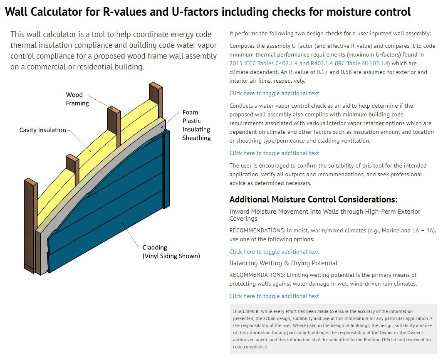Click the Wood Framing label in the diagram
(x=77, y=99)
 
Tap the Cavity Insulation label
(x=42, y=130)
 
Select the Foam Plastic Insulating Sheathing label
(x=196, y=125)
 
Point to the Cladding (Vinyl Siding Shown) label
(x=171, y=252)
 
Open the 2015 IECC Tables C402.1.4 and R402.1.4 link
(x=281, y=63)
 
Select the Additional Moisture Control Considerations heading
(x=313, y=200)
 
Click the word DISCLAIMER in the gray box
(x=246, y=311)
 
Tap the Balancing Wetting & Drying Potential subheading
(x=283, y=263)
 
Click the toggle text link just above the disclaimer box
(x=274, y=296)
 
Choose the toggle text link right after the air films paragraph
(x=274, y=93)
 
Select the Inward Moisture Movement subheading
(x=324, y=215)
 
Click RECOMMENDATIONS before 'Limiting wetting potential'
(x=257, y=275)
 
